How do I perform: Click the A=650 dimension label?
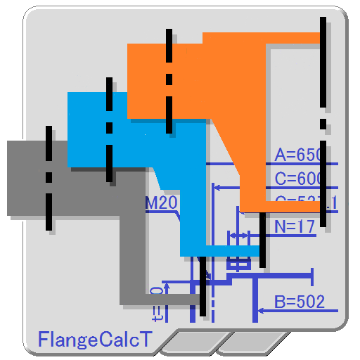(298, 155)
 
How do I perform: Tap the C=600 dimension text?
(298, 179)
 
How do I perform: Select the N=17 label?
(295, 226)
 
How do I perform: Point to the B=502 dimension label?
(300, 302)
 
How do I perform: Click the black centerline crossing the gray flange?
(49, 179)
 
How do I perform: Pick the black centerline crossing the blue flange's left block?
(109, 130)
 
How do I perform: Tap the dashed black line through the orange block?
(169, 81)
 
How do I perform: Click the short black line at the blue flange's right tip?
(262, 239)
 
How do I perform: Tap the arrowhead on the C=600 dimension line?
(217, 188)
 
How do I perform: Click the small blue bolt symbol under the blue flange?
(239, 264)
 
